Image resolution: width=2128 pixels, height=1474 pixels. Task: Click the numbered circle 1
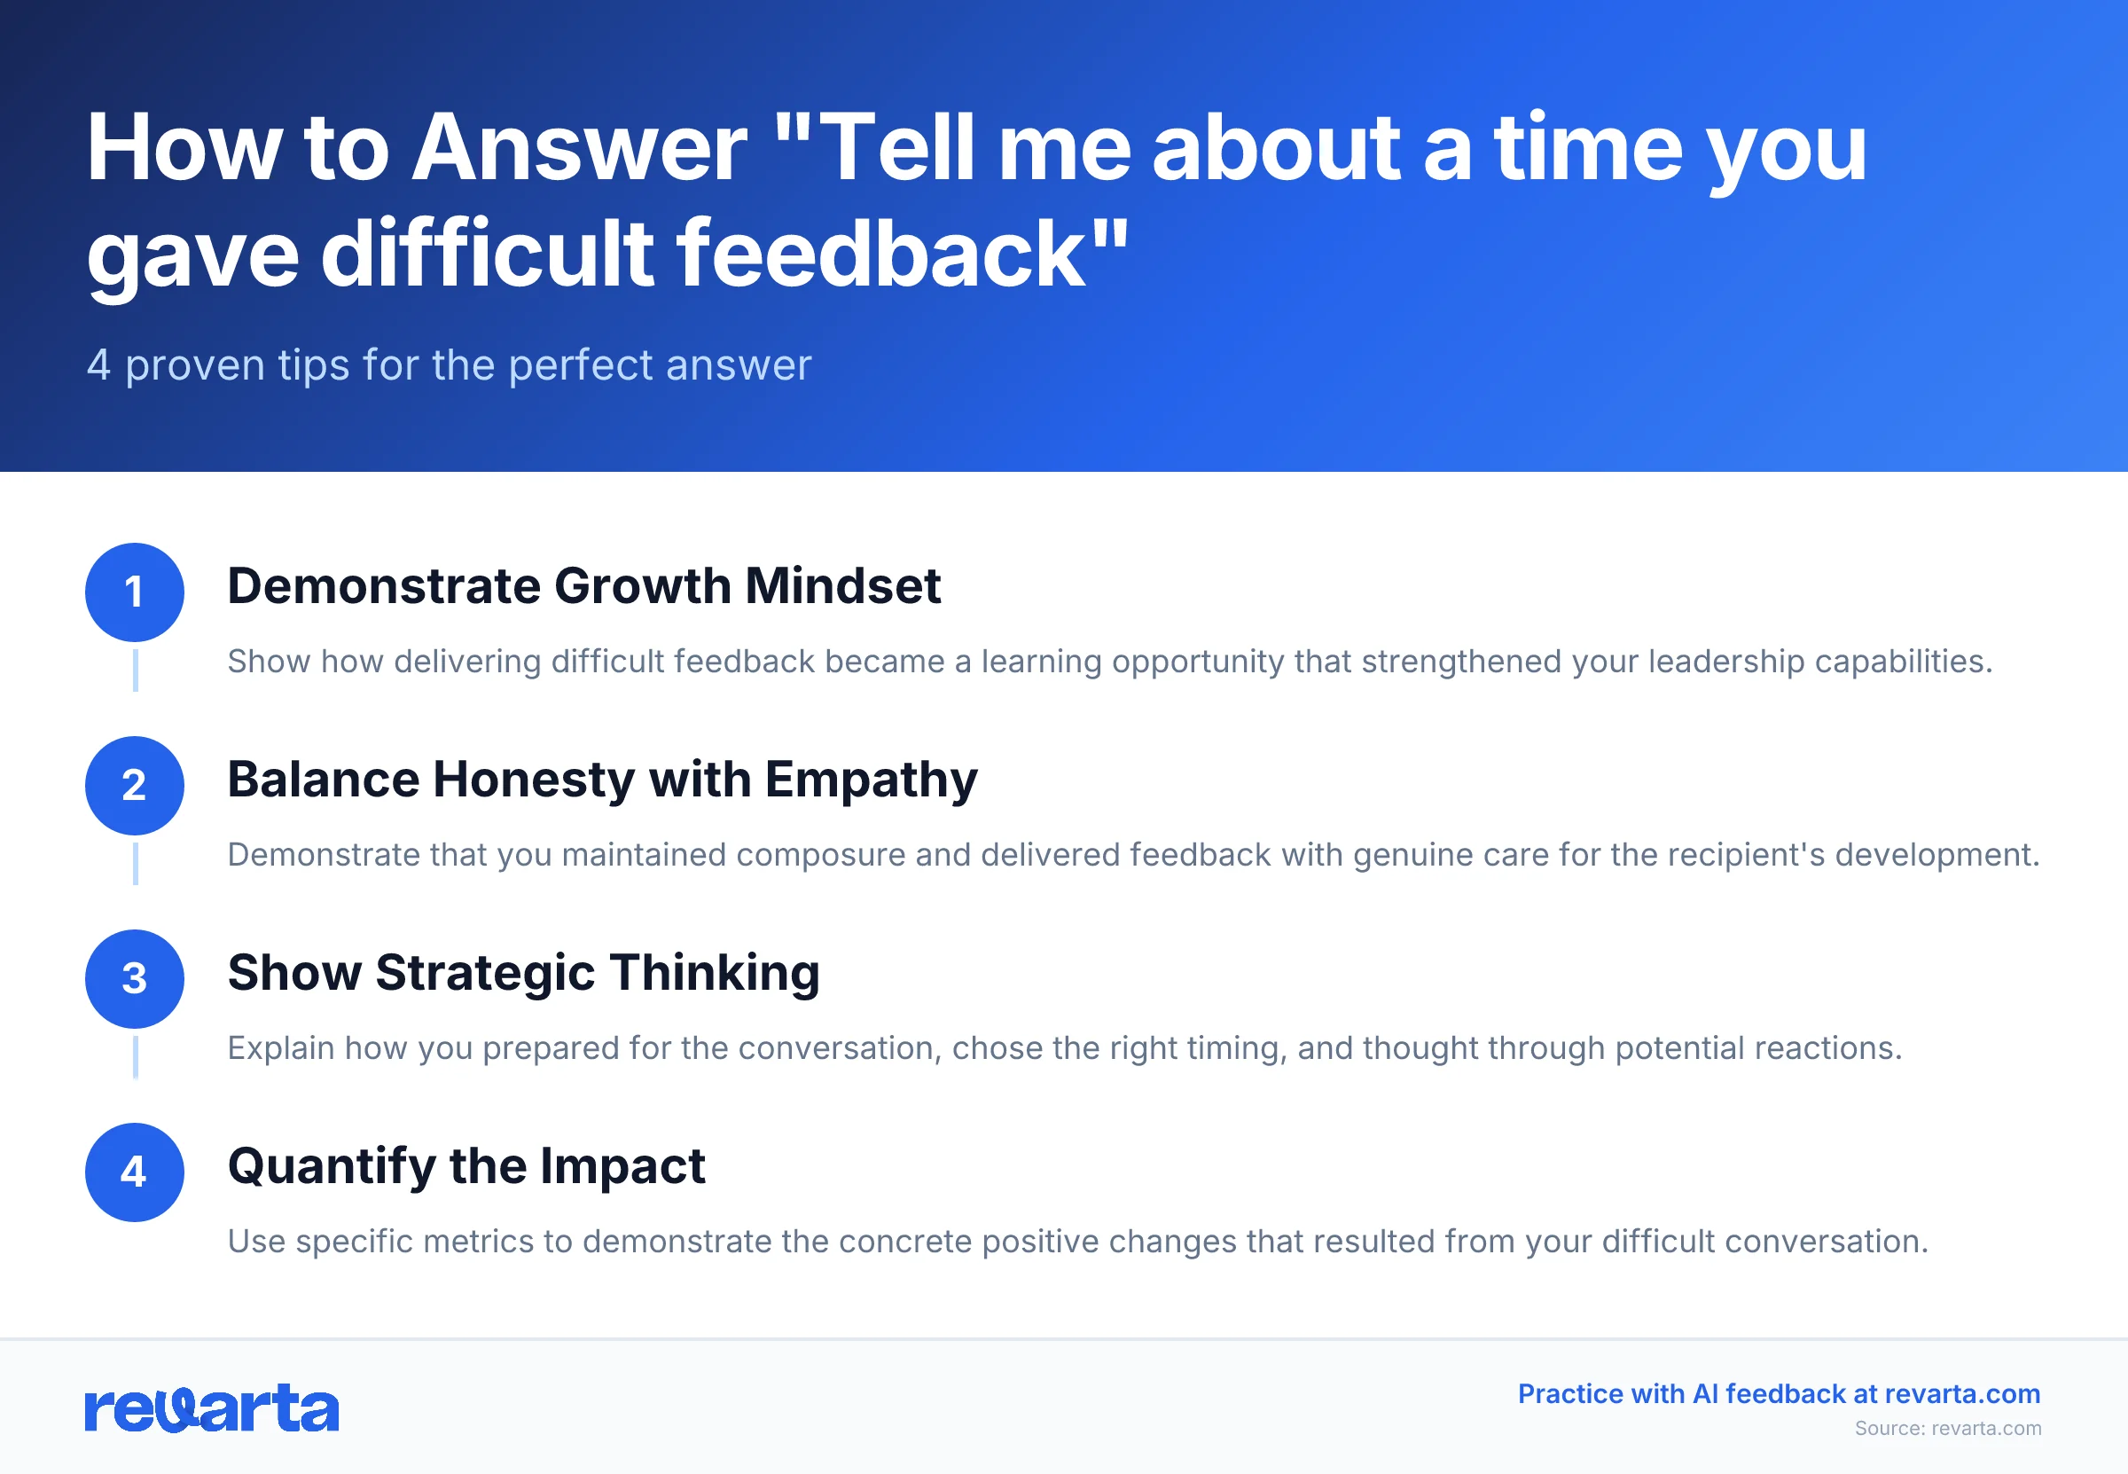pyautogui.click(x=135, y=592)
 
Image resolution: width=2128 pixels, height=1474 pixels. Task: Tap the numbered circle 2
pyautogui.click(x=135, y=785)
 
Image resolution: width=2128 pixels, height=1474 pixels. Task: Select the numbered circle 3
pyautogui.click(x=135, y=979)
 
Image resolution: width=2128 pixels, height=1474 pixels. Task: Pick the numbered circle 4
pyautogui.click(x=135, y=1172)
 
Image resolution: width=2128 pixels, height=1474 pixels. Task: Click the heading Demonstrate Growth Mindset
pyautogui.click(x=583, y=586)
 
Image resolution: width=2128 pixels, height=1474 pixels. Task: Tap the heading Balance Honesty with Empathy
pyautogui.click(x=602, y=780)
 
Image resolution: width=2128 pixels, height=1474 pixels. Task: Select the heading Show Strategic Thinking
pyautogui.click(x=523, y=973)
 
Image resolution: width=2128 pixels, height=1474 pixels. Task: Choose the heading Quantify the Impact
pyautogui.click(x=466, y=1165)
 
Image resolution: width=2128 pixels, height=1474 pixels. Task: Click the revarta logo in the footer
pyautogui.click(x=211, y=1408)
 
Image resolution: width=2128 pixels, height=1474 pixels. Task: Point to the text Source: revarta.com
pyautogui.click(x=1948, y=1428)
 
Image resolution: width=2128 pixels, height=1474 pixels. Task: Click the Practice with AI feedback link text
pyautogui.click(x=1778, y=1393)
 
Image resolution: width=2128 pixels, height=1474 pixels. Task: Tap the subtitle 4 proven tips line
pyautogui.click(x=449, y=365)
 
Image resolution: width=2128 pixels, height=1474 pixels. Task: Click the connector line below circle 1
pyautogui.click(x=136, y=670)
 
